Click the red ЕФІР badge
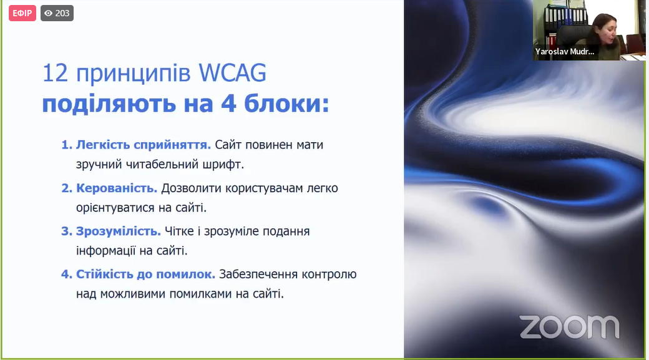tap(22, 13)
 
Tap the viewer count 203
tap(62, 13)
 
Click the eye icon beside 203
tap(49, 13)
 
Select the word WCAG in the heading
tap(232, 73)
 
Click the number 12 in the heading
tap(55, 73)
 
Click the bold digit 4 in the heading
tap(228, 104)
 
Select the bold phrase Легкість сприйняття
tap(143, 145)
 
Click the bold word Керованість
tap(117, 188)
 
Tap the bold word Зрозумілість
tap(119, 231)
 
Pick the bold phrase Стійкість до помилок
tap(145, 274)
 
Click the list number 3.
tap(67, 231)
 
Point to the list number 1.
tap(67, 145)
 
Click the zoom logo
tap(570, 327)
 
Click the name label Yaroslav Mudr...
tap(565, 52)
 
